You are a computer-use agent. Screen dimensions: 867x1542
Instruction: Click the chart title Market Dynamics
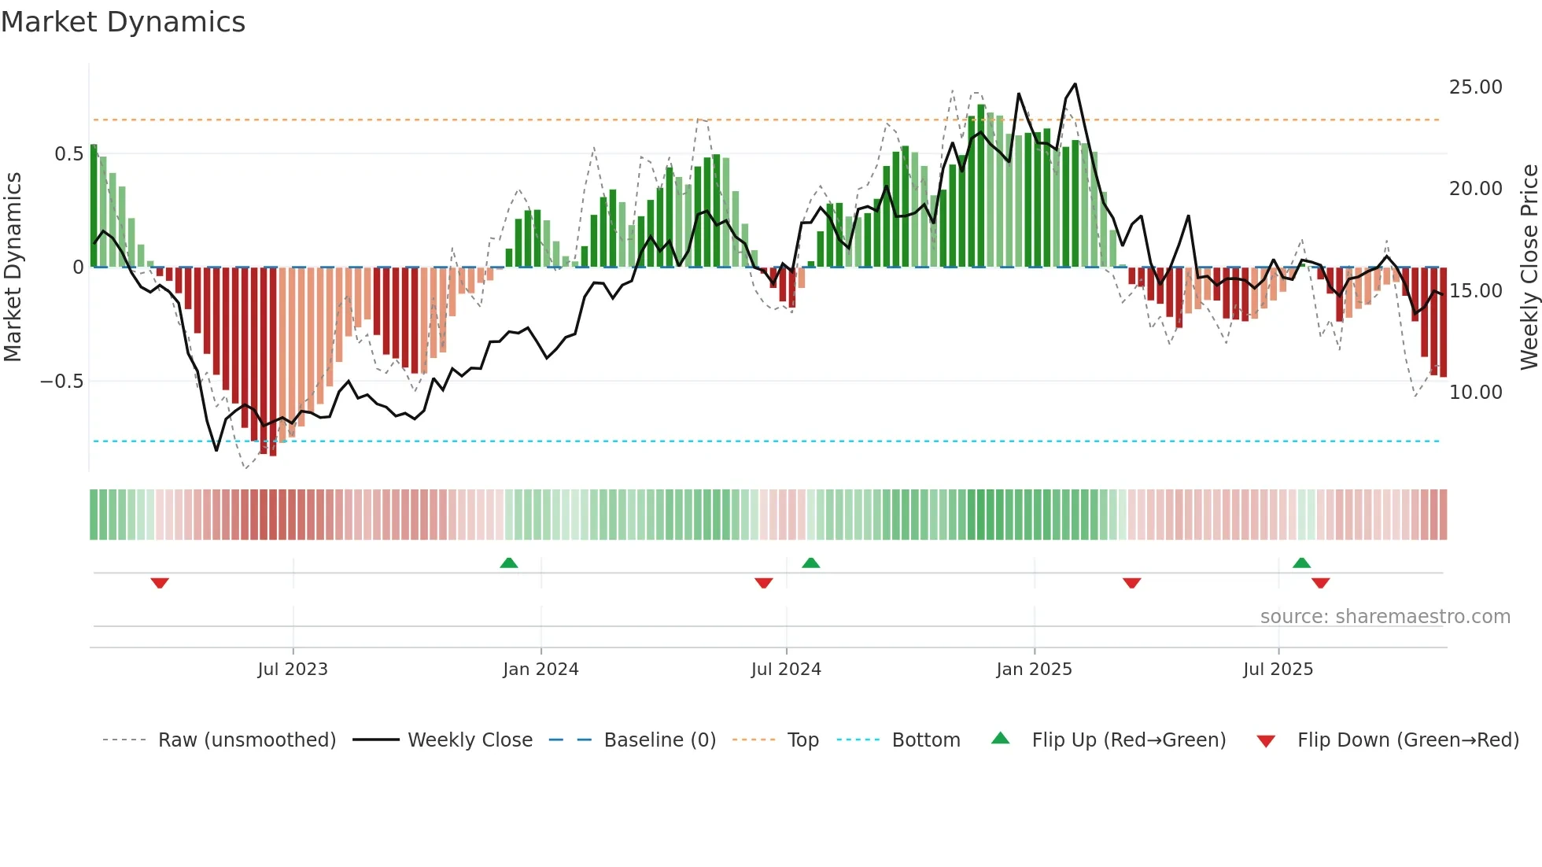(x=123, y=22)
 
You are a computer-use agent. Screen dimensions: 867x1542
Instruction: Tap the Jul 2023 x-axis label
(x=292, y=670)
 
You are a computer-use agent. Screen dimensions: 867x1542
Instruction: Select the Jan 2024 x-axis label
(x=540, y=670)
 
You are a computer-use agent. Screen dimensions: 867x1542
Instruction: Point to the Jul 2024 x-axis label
(x=786, y=670)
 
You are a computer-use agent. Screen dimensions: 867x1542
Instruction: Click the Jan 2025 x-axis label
(x=1034, y=670)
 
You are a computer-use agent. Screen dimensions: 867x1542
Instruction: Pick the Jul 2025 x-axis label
(x=1278, y=670)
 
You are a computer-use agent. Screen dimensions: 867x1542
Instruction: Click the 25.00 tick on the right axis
(x=1475, y=87)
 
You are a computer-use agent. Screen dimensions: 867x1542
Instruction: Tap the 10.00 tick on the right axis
(x=1475, y=393)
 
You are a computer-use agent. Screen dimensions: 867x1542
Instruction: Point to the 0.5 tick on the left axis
(x=68, y=154)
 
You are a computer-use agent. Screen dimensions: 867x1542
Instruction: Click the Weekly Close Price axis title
(x=1529, y=267)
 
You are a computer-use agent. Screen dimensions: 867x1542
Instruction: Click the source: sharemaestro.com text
(x=1385, y=617)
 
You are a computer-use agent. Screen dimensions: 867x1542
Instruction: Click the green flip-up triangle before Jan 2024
(x=509, y=563)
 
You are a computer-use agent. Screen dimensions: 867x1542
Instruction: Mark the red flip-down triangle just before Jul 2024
(x=763, y=583)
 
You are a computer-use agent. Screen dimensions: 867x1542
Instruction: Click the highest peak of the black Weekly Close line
(x=1075, y=84)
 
